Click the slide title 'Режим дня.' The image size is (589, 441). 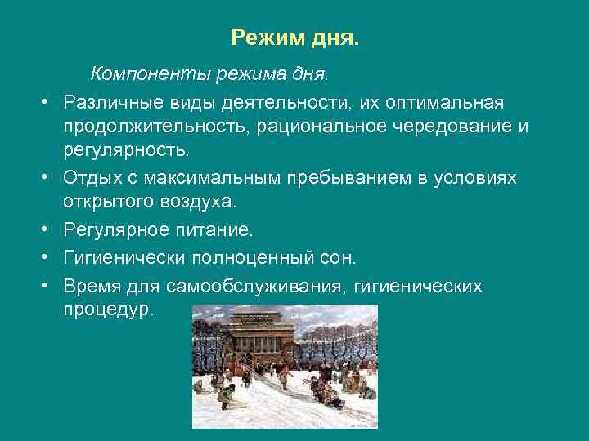pyautogui.click(x=294, y=38)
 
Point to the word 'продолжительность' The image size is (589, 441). pyautogui.click(x=157, y=127)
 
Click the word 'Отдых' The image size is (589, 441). pyautogui.click(x=88, y=178)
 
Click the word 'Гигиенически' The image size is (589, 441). pyautogui.click(x=124, y=259)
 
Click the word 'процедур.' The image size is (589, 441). pyautogui.click(x=107, y=311)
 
